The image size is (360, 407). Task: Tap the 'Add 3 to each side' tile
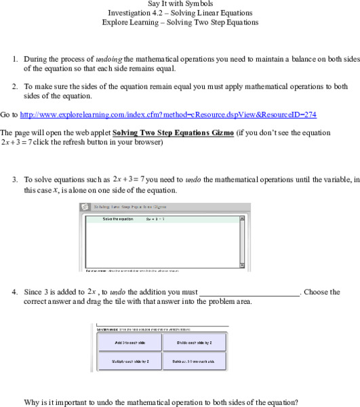pyautogui.click(x=129, y=343)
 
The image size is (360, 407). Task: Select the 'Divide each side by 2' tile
pyautogui.click(x=195, y=343)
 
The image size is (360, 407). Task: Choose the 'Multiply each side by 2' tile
pyautogui.click(x=129, y=362)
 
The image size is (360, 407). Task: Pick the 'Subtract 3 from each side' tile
pyautogui.click(x=195, y=362)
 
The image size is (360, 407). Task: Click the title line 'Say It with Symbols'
pyautogui.click(x=180, y=4)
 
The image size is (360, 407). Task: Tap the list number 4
pyautogui.click(x=15, y=292)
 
